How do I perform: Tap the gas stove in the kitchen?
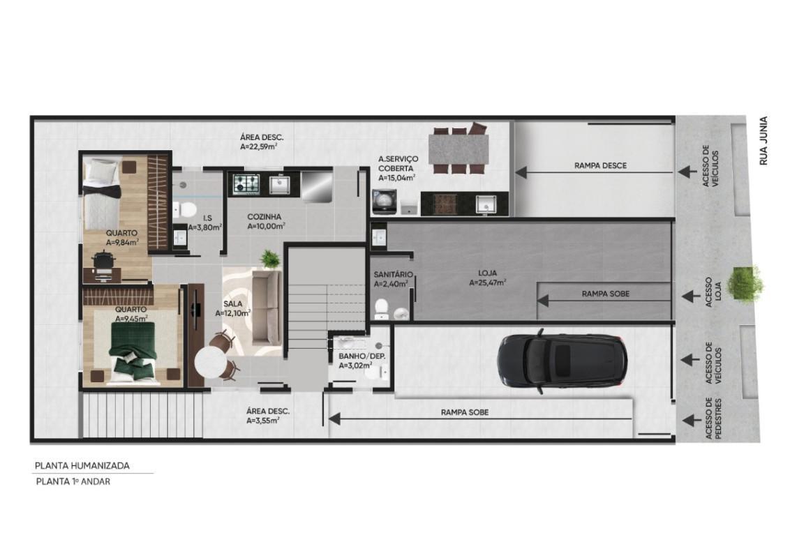click(x=246, y=184)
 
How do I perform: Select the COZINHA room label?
click(x=264, y=217)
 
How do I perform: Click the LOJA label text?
click(x=488, y=273)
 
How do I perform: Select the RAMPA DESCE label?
click(x=601, y=165)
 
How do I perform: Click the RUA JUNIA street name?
click(x=763, y=141)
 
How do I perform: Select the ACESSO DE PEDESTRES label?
click(x=713, y=418)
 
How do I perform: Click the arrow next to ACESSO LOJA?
click(x=691, y=296)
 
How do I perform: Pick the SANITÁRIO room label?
click(x=393, y=275)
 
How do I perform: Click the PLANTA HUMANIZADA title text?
click(x=82, y=466)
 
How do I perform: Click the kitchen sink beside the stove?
click(x=278, y=185)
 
